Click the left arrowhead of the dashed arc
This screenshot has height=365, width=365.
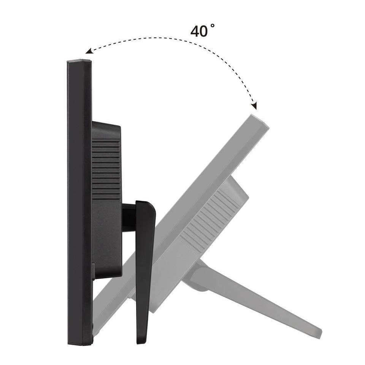[89, 51]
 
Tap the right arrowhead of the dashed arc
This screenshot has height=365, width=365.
[254, 106]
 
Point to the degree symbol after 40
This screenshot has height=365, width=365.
[213, 25]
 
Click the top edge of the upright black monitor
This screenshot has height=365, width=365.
[79, 61]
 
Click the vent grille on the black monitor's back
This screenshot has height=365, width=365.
[106, 168]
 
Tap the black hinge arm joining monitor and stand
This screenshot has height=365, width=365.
[129, 217]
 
